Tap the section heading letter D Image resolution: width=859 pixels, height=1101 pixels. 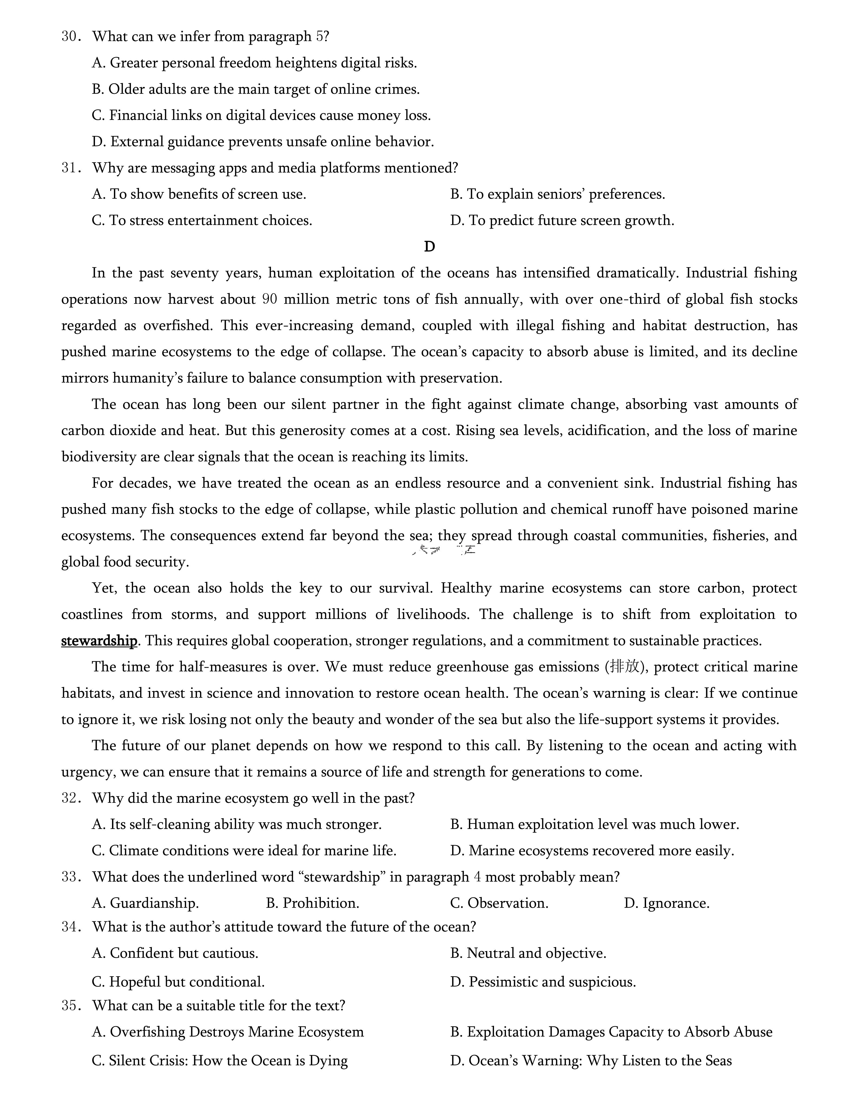click(x=430, y=246)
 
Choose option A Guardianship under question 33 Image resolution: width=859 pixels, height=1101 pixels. click(x=145, y=903)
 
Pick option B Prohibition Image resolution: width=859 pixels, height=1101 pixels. click(x=312, y=903)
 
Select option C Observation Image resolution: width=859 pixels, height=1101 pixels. click(x=499, y=903)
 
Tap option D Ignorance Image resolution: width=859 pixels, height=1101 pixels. click(x=666, y=903)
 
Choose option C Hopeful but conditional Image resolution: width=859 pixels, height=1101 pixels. click(x=179, y=981)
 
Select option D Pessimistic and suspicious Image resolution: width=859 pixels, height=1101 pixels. click(x=543, y=981)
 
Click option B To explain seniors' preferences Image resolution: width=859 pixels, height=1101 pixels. click(x=558, y=194)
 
